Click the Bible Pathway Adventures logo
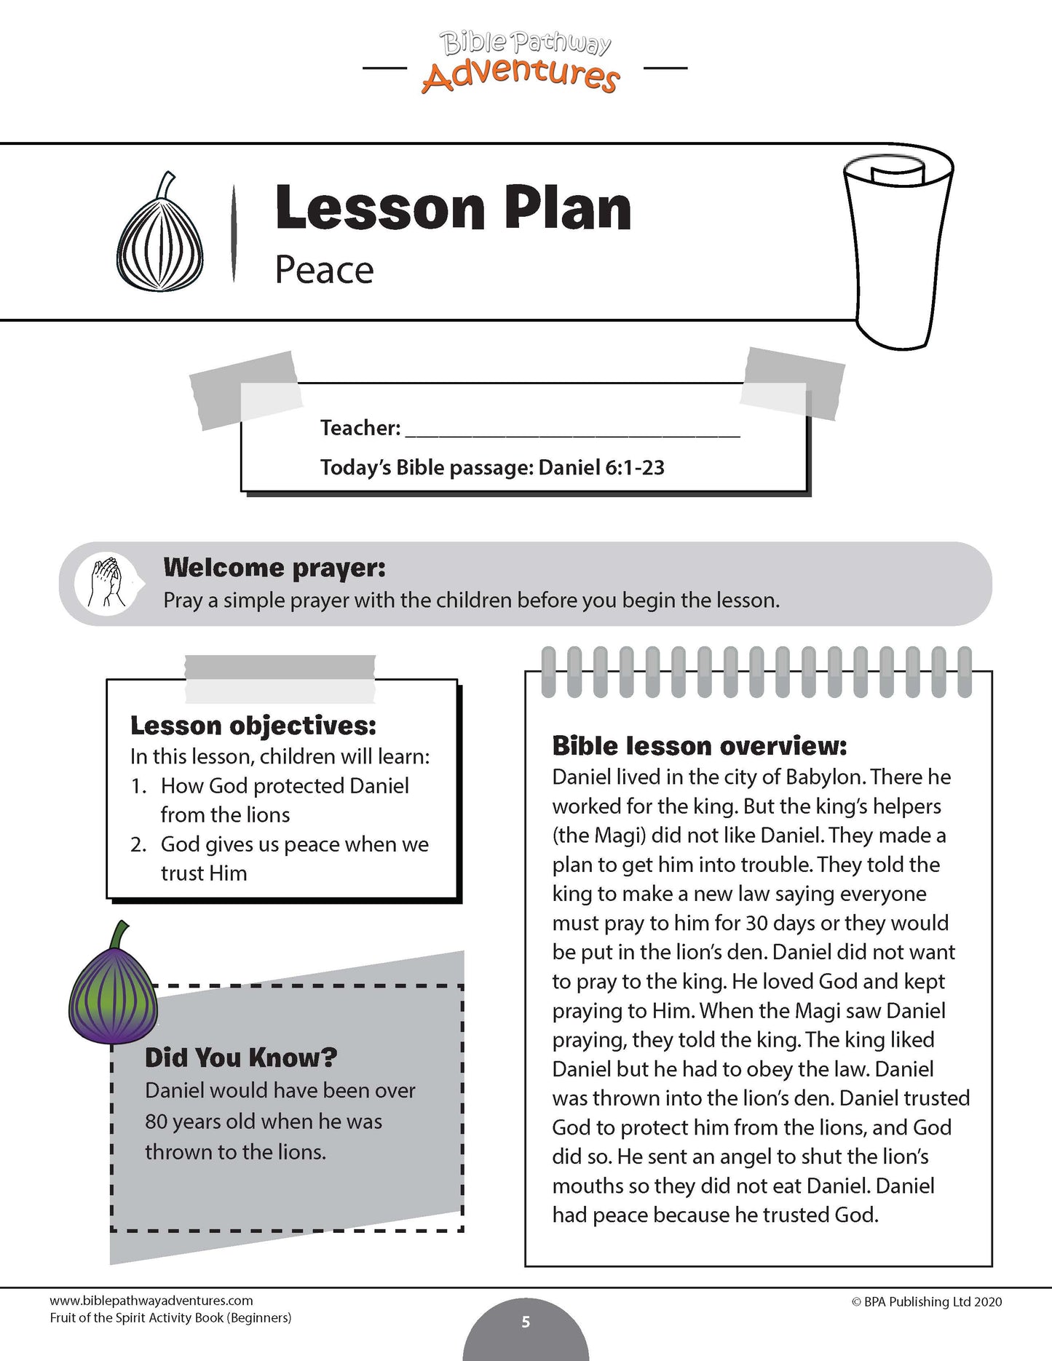(523, 61)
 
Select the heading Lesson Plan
(453, 208)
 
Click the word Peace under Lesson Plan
(324, 271)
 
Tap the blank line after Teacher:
(572, 429)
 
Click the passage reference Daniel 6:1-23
(601, 468)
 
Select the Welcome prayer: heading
(274, 567)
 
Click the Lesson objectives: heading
(253, 726)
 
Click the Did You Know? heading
(241, 1058)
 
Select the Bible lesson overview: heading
(700, 746)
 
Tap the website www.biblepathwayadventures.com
(151, 1301)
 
